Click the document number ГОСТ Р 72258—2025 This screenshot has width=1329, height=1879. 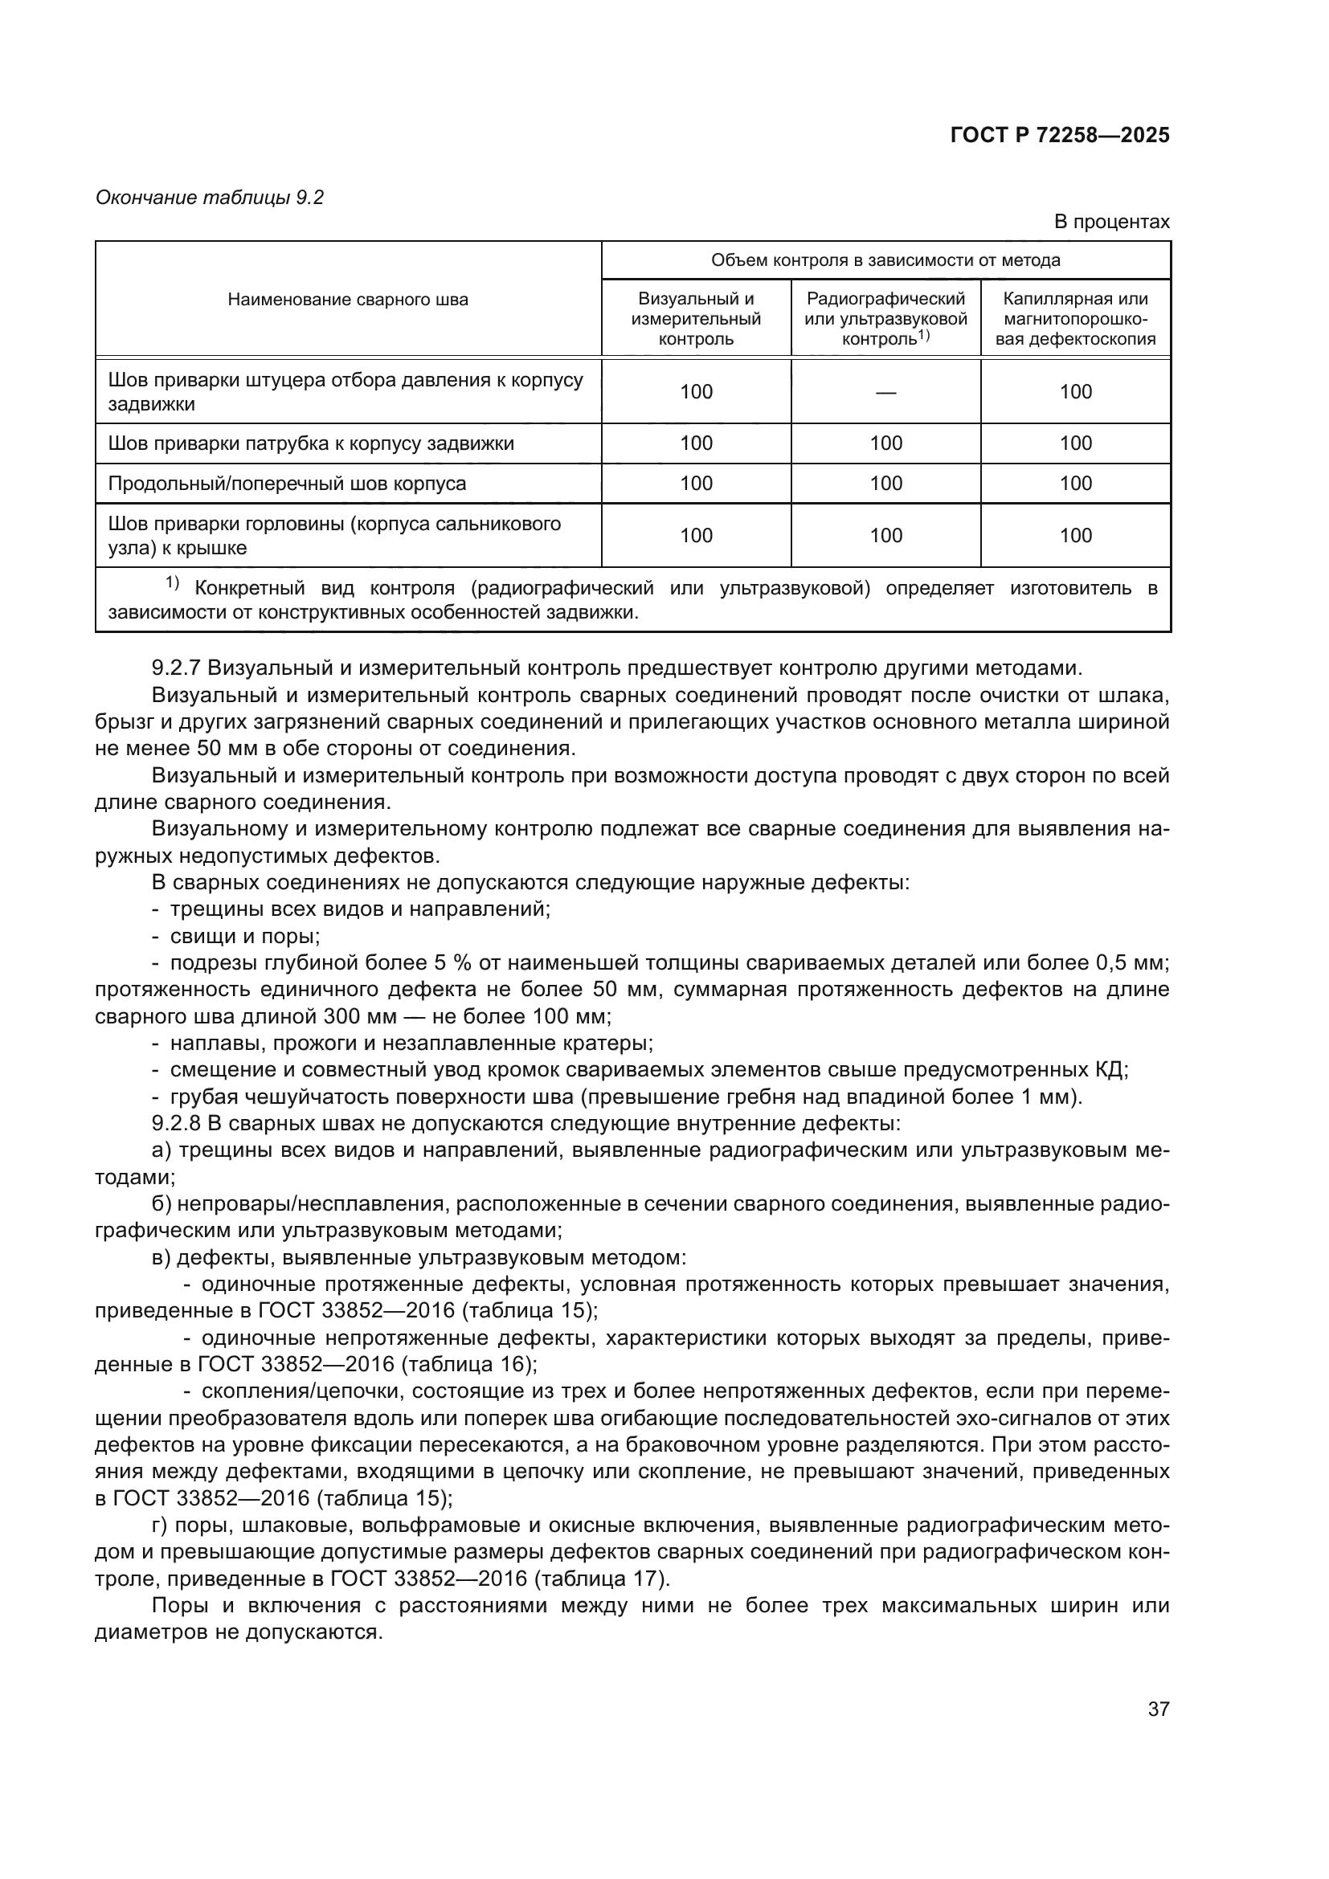tap(1060, 136)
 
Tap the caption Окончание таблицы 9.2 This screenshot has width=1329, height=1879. tap(210, 198)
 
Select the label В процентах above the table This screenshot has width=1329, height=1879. tap(1111, 222)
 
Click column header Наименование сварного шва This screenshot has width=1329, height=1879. tap(348, 300)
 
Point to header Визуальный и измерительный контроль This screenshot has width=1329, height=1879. tap(696, 319)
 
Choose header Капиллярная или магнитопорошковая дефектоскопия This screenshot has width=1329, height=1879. tap(1075, 319)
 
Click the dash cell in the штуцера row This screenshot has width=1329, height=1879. tap(885, 392)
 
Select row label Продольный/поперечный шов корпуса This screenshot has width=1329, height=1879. tap(287, 484)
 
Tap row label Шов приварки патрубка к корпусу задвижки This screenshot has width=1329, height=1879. tap(311, 443)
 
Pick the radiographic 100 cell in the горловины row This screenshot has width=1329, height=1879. tap(885, 535)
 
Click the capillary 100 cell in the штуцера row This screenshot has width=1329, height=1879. tap(1075, 392)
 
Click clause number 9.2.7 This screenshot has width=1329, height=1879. tap(176, 668)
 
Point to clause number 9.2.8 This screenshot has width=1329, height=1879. tap(176, 1124)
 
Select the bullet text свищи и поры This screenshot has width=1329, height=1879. tap(245, 936)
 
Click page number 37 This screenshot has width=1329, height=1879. tap(1158, 1709)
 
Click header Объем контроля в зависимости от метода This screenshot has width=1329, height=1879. tap(885, 260)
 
